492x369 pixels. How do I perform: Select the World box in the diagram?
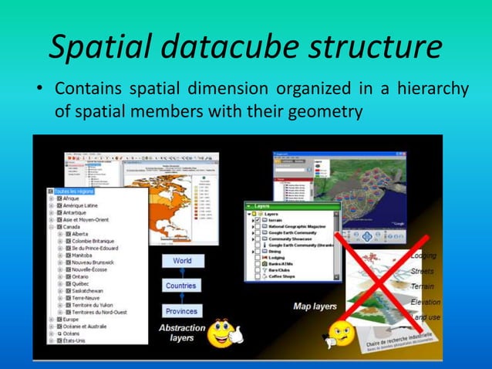coord(181,261)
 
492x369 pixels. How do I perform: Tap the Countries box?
coord(181,286)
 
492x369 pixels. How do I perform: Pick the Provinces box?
coord(181,311)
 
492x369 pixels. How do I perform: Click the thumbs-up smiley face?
coord(225,333)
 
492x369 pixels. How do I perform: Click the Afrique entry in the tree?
coord(71,198)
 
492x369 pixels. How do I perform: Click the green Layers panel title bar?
coord(290,206)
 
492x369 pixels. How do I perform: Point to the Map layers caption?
coord(315,306)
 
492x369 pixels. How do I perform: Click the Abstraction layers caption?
coord(182,333)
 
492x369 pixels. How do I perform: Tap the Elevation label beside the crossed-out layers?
coord(425,302)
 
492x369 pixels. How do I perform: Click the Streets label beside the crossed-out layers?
coord(423,271)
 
